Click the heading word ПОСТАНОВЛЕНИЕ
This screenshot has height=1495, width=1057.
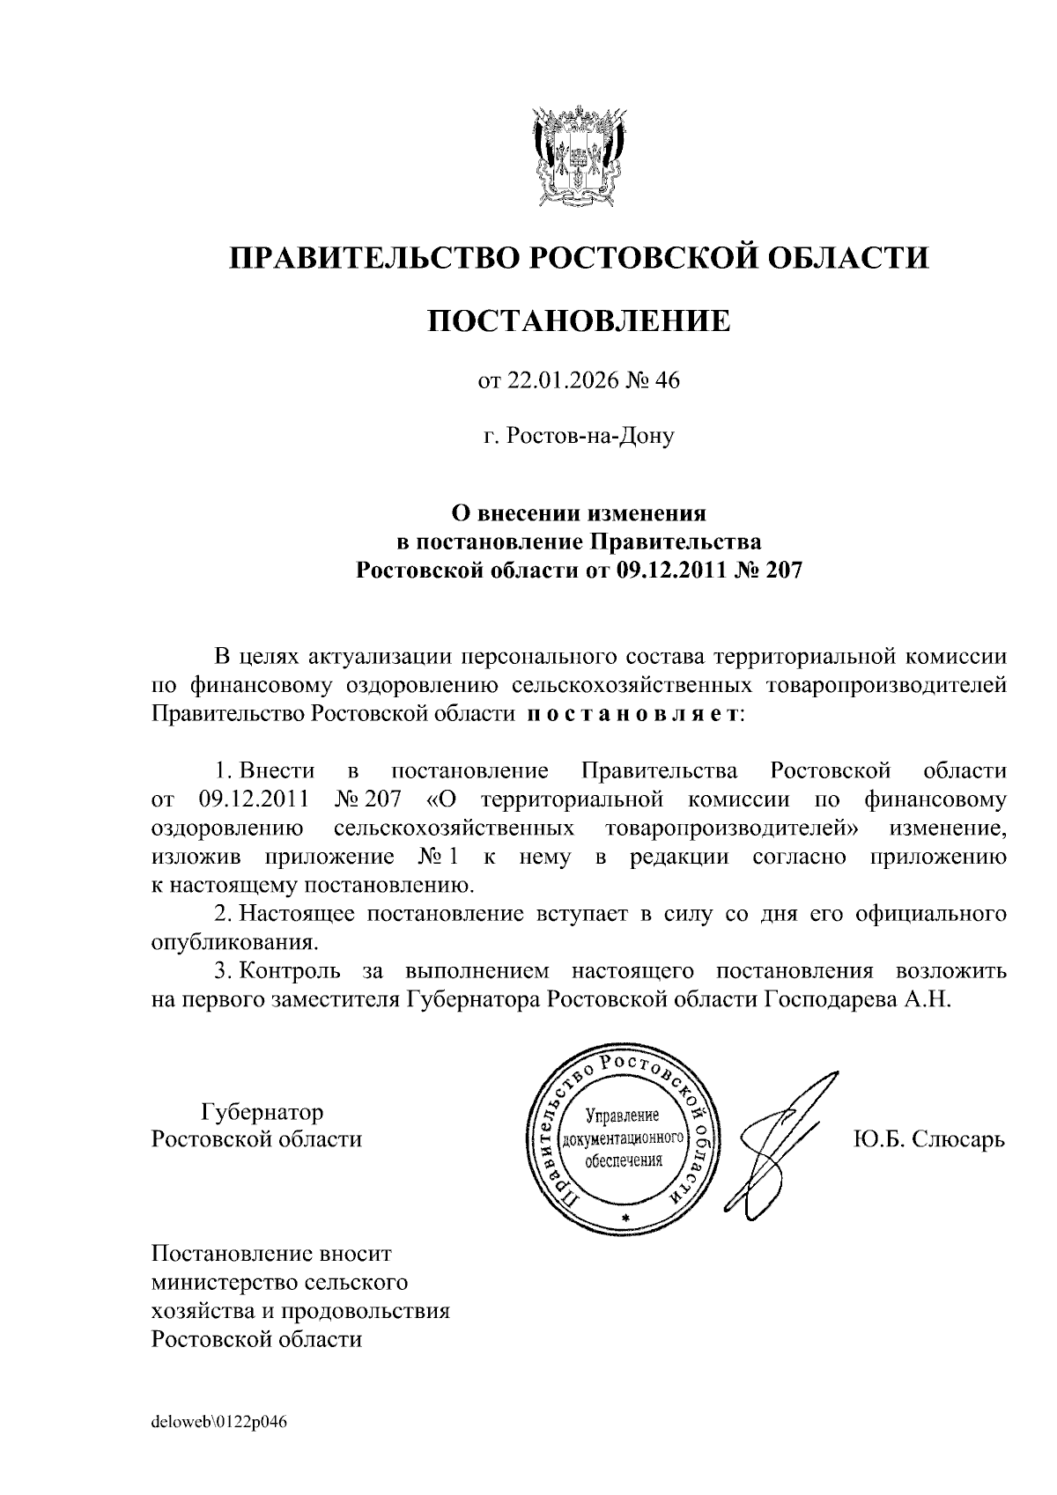pos(579,321)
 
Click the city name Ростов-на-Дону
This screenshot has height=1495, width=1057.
pos(579,436)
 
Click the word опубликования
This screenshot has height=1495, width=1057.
pos(233,942)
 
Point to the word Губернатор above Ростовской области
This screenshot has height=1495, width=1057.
pos(262,1111)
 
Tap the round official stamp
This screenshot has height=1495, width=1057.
pos(623,1138)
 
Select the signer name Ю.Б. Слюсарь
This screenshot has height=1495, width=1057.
pos(928,1139)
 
